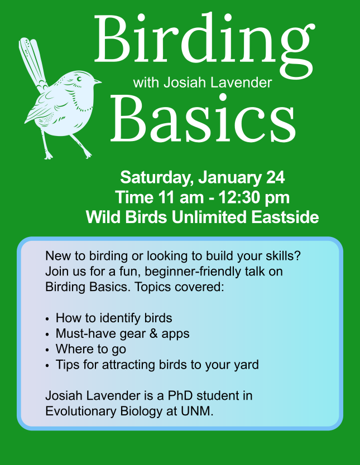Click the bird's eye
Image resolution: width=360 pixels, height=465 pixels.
[x=79, y=79]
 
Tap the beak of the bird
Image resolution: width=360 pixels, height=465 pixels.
[x=97, y=81]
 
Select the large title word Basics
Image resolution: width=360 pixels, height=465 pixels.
[x=203, y=118]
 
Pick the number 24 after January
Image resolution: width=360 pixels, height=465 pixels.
[x=275, y=177]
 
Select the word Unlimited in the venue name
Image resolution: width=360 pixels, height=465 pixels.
[x=209, y=217]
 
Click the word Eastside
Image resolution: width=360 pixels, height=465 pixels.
[x=285, y=217]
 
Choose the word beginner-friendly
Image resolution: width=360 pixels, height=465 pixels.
[x=193, y=272]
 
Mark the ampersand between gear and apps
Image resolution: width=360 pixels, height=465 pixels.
[x=153, y=333]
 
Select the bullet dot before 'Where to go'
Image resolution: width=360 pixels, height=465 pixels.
[x=47, y=350]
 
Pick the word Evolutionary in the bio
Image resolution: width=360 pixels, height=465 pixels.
[x=81, y=411]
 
